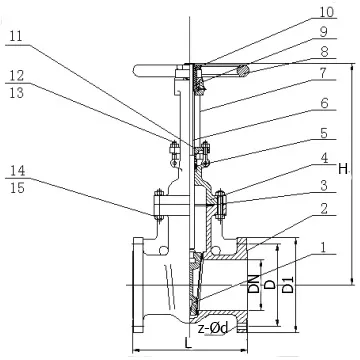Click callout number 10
326,12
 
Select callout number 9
324,32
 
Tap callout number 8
324,52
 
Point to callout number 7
323,73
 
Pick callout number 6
324,103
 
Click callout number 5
324,133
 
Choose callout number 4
324,158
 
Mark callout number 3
324,186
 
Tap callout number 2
324,209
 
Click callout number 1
323,247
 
